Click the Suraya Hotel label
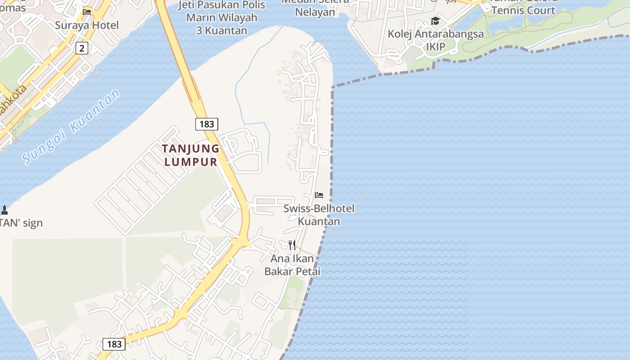87,25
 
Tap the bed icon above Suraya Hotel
87,12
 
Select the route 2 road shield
81,48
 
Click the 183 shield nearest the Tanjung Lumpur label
207,124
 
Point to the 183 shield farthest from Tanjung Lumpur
114,344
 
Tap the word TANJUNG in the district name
191,148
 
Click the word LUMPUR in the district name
191,162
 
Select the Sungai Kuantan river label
72,126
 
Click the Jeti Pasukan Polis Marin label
222,18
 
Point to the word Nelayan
315,12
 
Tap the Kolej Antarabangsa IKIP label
436,40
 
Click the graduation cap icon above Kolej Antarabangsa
435,21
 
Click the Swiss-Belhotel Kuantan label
319,215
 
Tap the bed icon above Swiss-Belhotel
319,195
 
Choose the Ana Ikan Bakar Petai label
292,265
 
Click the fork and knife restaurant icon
292,245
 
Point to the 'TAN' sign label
21,223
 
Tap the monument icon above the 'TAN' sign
4,210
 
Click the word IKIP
436,47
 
